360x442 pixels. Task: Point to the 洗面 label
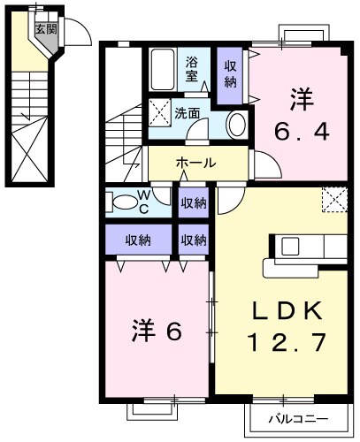pos(187,113)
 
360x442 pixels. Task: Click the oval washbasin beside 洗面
pos(236,126)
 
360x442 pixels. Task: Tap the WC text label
pos(143,202)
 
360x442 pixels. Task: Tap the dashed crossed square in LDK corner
pos(333,199)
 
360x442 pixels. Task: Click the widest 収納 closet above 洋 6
pos(137,240)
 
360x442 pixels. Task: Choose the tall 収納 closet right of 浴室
pos(230,75)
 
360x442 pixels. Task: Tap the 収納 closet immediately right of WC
pos(194,202)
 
